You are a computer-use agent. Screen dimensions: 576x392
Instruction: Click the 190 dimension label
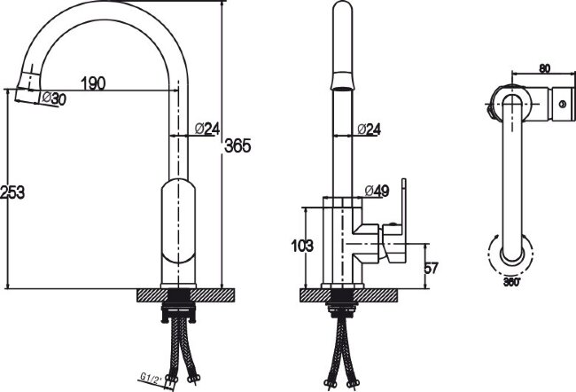tap(93, 83)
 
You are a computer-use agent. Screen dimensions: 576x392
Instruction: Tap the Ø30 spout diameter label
tap(54, 98)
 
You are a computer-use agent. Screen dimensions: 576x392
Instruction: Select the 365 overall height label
tap(237, 146)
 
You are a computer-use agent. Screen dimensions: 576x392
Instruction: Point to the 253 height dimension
tap(12, 192)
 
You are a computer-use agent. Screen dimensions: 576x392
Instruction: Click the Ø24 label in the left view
tap(207, 129)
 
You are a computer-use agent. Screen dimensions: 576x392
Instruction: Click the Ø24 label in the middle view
tap(369, 129)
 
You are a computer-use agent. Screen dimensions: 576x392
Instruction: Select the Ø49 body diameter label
tap(377, 191)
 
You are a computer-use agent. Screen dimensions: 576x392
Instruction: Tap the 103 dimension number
tap(302, 246)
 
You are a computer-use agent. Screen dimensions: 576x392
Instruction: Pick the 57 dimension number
tap(431, 268)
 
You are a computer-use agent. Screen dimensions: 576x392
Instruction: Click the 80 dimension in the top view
tap(544, 69)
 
